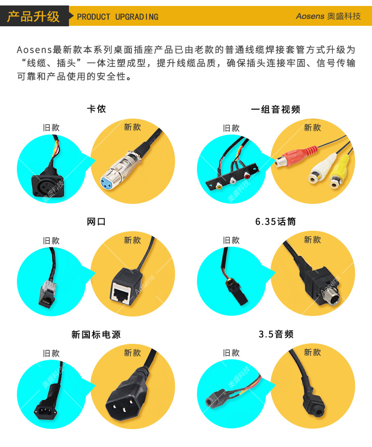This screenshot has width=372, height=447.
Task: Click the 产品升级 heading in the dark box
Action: coord(33,16)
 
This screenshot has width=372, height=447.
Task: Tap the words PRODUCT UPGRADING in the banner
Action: coord(118,17)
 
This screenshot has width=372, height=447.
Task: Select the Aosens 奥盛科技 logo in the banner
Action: coord(328,16)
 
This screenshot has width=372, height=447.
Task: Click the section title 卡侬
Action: coord(96,109)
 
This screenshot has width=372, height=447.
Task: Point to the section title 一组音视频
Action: coord(276,109)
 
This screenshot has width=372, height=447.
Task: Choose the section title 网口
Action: coord(96,221)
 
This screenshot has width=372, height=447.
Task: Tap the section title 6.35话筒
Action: coord(275,221)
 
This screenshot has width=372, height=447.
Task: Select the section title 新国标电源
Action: coord(96,334)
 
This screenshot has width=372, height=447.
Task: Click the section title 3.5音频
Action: coord(276,334)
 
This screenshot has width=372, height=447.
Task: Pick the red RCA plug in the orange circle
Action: coord(297,156)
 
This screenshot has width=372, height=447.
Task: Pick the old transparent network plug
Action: coord(47,294)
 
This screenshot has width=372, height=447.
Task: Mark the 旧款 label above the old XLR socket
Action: coord(51,128)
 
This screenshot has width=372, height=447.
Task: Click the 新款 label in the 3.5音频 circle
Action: coord(312,352)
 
